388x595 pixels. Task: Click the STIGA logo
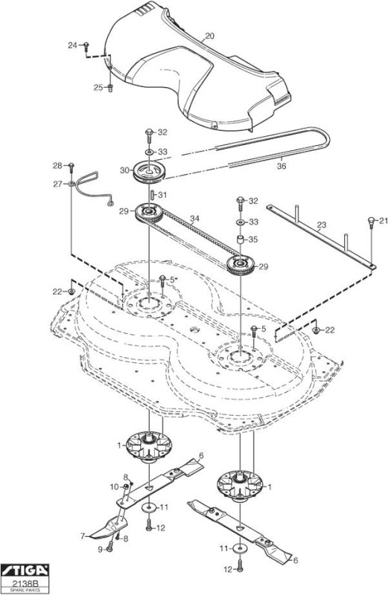coord(25,570)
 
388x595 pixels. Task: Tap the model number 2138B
coord(25,582)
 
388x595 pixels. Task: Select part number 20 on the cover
coord(209,36)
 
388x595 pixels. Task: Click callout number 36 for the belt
coord(282,166)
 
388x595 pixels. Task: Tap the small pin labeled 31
coord(152,195)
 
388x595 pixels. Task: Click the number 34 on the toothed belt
coord(194,219)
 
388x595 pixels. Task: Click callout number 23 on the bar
coord(322,225)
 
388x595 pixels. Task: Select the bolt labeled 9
coord(109,547)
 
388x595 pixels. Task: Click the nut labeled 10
coord(125,486)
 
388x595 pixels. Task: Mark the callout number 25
coord(98,88)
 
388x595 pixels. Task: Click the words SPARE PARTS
coord(25,591)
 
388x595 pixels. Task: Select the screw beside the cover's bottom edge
coord(214,123)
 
